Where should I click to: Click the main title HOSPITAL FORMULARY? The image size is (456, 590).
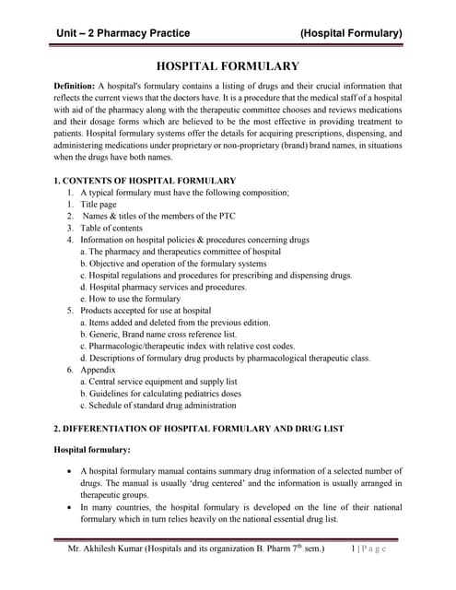pos(228,66)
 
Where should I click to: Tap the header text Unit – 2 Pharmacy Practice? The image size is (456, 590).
pos(123,33)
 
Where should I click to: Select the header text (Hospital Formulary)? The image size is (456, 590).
pos(351,33)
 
